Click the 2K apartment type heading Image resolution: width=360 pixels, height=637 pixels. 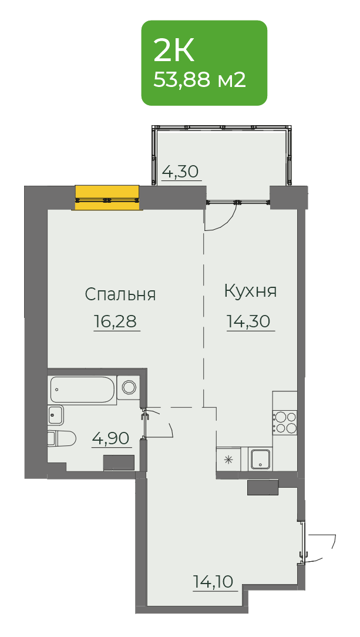[174, 51]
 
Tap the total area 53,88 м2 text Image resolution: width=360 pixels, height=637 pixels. [200, 80]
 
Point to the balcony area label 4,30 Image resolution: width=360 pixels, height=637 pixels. [180, 172]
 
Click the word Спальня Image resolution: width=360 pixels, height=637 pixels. [120, 294]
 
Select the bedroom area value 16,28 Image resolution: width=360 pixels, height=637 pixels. [116, 321]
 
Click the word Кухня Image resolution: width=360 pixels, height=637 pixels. [250, 291]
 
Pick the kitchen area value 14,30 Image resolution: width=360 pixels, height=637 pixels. [248, 321]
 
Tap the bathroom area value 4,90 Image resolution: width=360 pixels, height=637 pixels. [111, 438]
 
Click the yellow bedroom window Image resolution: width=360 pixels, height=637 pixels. [107, 197]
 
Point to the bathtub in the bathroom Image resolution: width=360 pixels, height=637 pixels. [83, 389]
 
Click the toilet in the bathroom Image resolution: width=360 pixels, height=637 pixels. [62, 438]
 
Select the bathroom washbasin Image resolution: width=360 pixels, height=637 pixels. [56, 415]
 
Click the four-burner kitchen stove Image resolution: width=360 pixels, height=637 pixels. [285, 422]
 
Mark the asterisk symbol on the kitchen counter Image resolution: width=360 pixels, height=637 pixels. [228, 460]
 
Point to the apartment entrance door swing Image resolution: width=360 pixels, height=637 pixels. [321, 548]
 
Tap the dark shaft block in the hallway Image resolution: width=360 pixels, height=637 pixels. [263, 487]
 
